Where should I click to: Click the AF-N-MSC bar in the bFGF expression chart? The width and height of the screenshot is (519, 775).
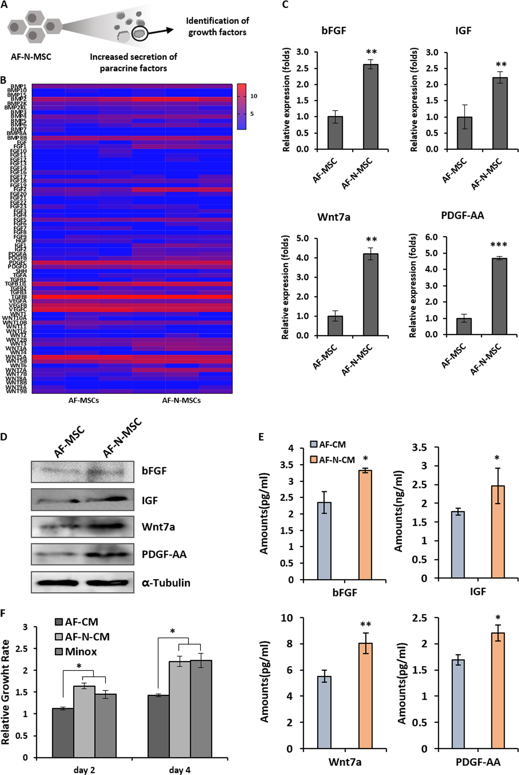(x=371, y=107)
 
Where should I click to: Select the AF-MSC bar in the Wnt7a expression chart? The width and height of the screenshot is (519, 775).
(x=335, y=326)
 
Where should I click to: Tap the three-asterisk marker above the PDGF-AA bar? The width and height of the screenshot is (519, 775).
(x=498, y=245)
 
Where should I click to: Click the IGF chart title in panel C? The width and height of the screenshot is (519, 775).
(x=463, y=31)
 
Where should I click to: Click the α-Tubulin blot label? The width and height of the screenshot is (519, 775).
(x=166, y=582)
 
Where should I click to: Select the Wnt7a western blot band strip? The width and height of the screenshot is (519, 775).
(x=83, y=527)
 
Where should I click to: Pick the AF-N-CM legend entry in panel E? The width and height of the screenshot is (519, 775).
(x=333, y=460)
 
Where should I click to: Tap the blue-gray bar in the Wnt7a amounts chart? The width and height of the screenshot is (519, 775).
(x=324, y=712)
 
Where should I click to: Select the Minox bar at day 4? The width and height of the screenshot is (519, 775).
(x=201, y=709)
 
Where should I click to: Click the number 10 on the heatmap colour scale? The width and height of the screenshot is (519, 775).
(x=254, y=96)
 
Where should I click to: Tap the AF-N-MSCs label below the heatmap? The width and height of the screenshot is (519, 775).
(x=181, y=400)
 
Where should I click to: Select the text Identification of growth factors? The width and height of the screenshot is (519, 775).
(x=217, y=26)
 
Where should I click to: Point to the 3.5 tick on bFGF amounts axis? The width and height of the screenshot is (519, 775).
(x=287, y=465)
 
